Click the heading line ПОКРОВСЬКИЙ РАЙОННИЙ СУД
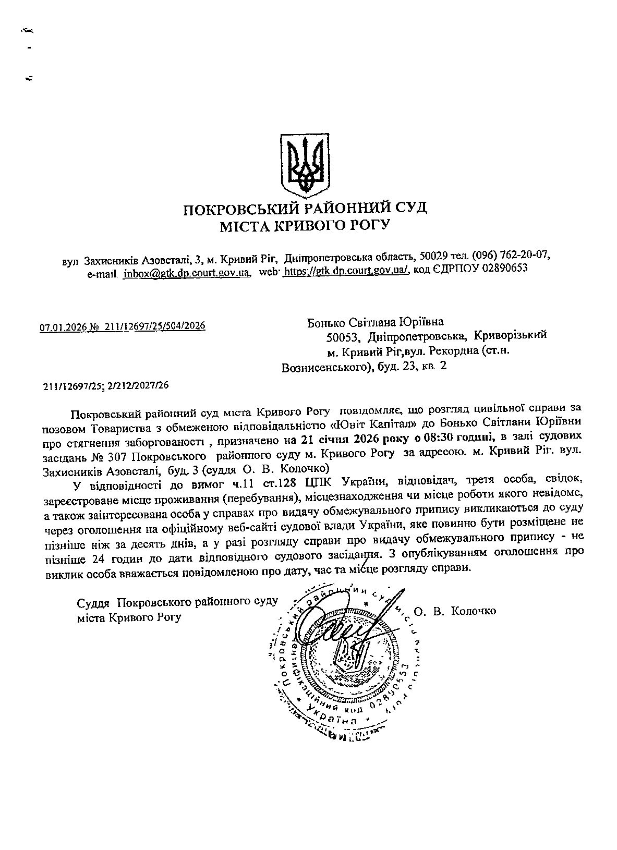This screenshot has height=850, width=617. (305, 209)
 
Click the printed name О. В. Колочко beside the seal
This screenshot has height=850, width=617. (455, 611)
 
